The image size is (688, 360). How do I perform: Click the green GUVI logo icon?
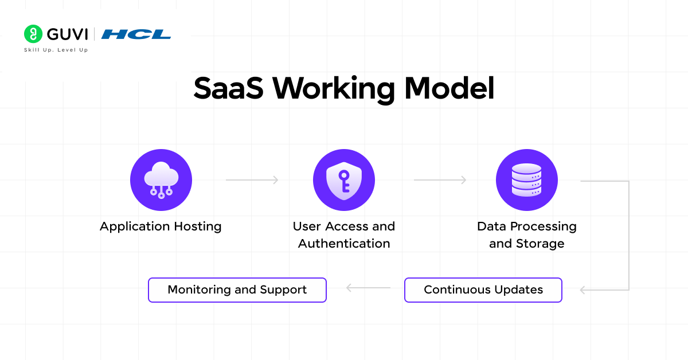click(33, 34)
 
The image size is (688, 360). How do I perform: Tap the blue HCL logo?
click(136, 34)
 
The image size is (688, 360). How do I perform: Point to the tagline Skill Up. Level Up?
click(56, 50)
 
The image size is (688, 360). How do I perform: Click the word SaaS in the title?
click(228, 88)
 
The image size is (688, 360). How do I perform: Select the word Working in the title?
click(334, 89)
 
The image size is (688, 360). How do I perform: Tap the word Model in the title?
click(449, 88)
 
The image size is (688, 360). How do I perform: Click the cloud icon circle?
click(161, 180)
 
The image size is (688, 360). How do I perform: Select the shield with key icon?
click(344, 180)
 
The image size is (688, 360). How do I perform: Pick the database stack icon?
click(527, 180)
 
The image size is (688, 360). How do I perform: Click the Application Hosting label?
click(161, 226)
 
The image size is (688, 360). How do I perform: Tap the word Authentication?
click(344, 244)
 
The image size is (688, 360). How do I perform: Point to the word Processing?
click(544, 226)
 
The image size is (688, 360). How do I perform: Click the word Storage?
click(540, 244)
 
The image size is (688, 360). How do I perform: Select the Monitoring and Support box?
click(237, 290)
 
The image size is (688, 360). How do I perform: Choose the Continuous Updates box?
click(483, 290)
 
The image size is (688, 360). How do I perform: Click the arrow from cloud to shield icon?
click(252, 179)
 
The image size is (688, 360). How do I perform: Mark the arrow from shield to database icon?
click(440, 179)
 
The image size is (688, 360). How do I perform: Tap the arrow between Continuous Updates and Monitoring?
click(368, 288)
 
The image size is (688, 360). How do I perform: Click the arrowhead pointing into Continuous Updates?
click(583, 290)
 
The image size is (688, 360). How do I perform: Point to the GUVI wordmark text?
click(67, 34)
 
